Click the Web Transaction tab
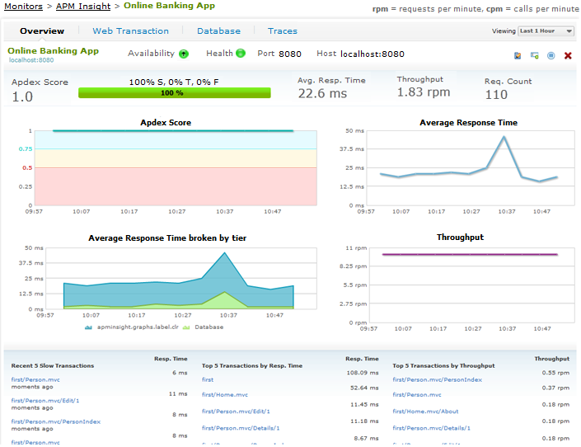coord(130,31)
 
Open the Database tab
coord(218,31)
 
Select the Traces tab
coord(282,31)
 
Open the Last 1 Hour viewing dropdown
coord(546,31)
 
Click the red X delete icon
coord(568,56)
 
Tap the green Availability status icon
coord(184,54)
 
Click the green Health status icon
coord(241,54)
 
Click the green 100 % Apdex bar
coord(171,93)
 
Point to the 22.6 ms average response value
coord(322,94)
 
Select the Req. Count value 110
coord(496,95)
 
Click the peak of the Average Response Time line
coord(504,137)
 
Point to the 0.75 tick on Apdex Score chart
coord(26,149)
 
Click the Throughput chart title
coord(460,238)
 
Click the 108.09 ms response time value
coord(362,372)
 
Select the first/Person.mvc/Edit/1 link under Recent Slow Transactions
coord(45,400)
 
